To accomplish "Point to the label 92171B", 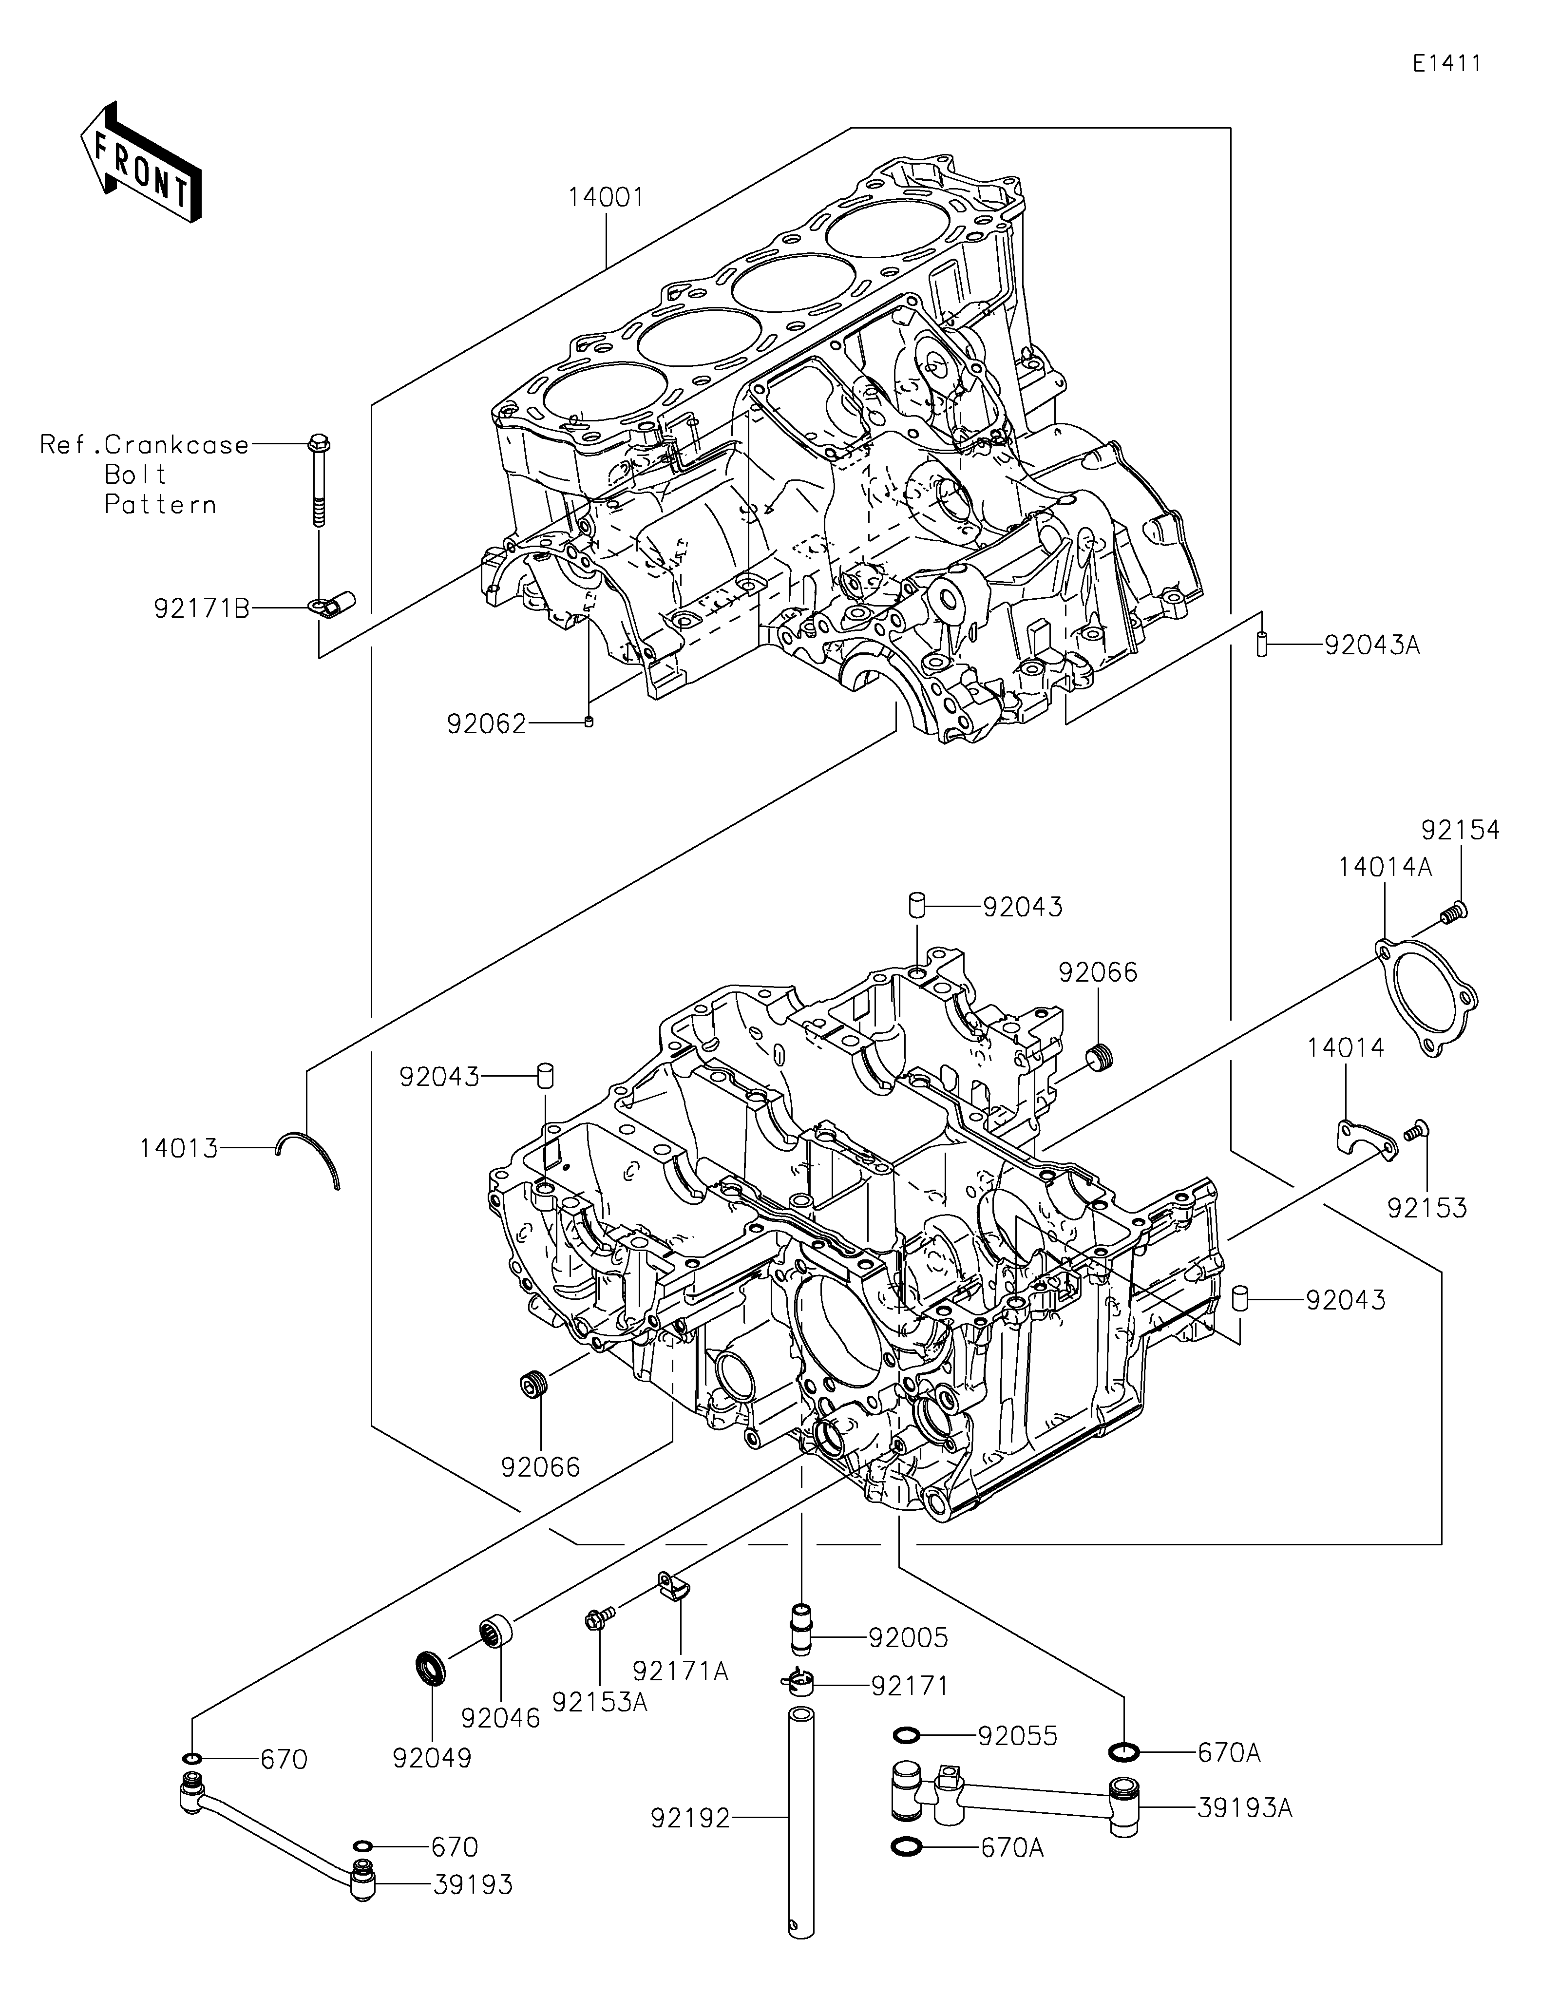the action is [202, 608].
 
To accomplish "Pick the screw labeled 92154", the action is [1454, 913].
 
